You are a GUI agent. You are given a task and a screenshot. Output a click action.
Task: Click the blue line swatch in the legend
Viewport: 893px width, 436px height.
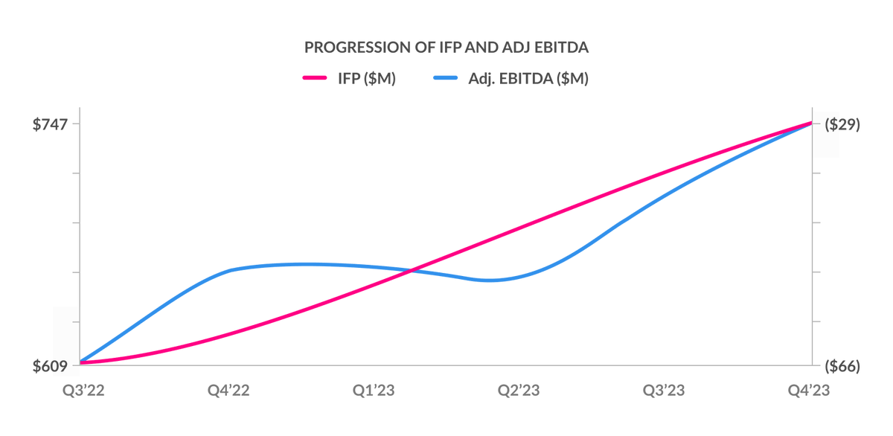pos(444,79)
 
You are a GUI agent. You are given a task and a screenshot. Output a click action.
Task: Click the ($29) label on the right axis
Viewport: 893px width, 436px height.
pos(842,124)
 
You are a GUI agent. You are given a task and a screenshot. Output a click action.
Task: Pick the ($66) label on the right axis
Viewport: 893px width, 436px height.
pos(842,367)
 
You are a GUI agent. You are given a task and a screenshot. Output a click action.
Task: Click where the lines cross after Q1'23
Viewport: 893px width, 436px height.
pos(412,271)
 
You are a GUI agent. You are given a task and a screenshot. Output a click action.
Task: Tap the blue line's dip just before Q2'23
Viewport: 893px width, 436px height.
pos(489,280)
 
